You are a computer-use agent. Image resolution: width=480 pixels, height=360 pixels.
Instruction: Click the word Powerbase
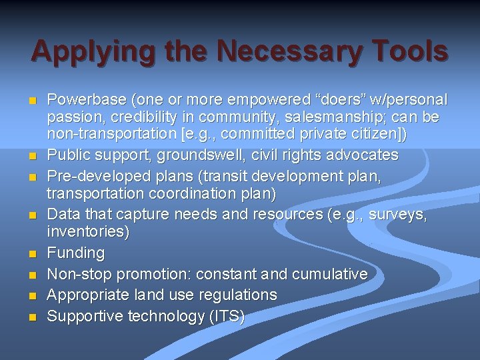click(x=87, y=100)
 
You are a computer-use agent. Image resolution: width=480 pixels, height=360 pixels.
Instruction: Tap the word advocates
click(x=361, y=155)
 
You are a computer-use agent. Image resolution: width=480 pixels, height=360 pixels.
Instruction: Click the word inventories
click(x=88, y=231)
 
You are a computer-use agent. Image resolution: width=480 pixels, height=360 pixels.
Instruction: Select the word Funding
click(x=76, y=253)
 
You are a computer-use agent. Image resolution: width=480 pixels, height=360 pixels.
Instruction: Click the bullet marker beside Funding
click(x=32, y=254)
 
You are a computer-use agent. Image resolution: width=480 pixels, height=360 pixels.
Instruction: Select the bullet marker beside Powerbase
click(x=32, y=101)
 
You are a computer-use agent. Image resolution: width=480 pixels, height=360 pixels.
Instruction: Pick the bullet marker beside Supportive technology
click(x=32, y=317)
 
